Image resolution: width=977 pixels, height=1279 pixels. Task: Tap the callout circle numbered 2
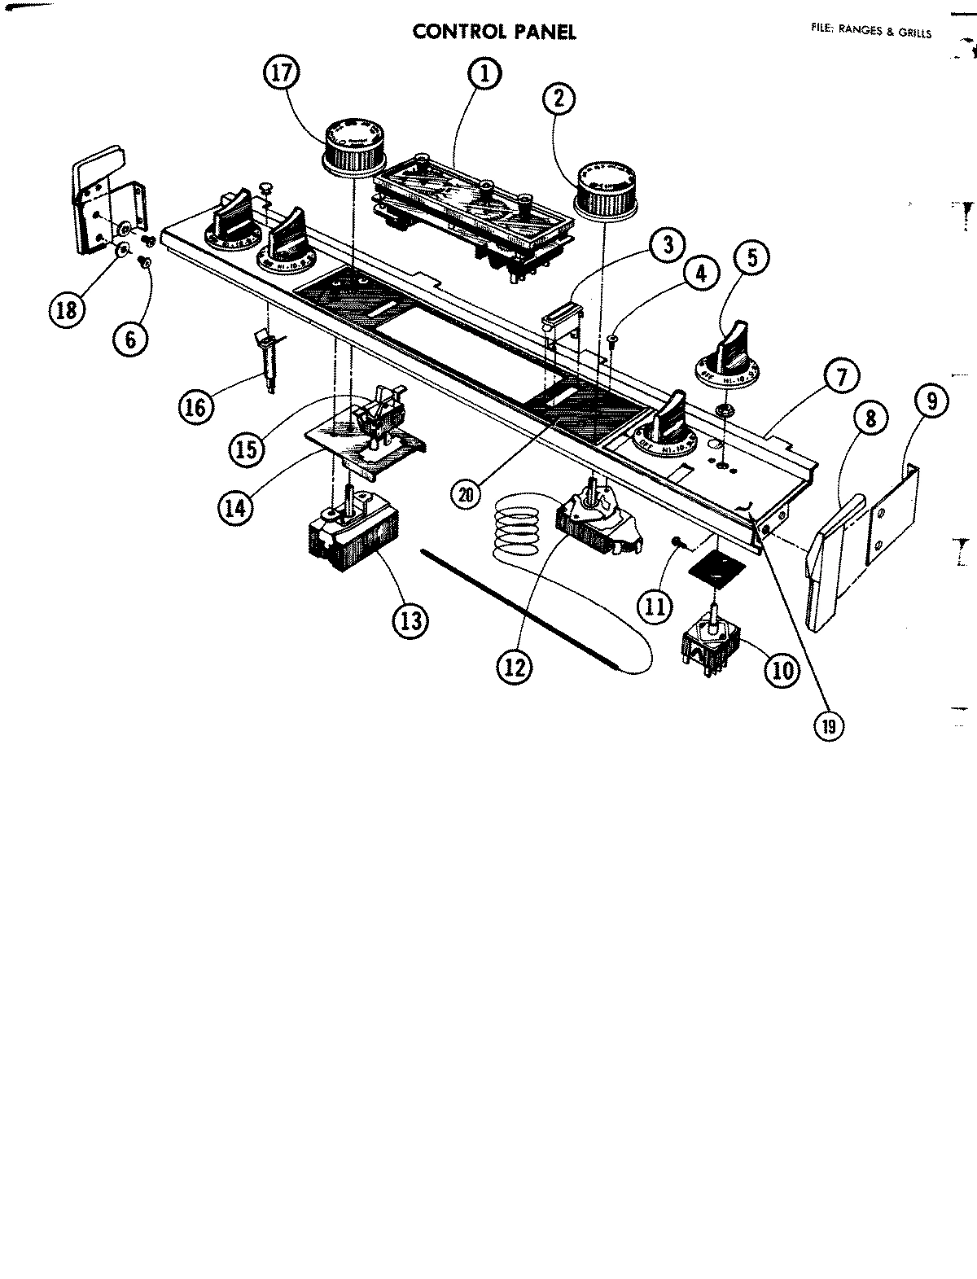point(558,99)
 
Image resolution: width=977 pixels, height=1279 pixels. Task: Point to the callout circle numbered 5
point(751,258)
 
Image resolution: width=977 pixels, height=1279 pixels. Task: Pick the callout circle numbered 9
point(931,401)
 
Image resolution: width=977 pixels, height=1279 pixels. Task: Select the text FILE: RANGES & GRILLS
point(870,33)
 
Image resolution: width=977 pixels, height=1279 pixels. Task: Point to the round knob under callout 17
point(353,147)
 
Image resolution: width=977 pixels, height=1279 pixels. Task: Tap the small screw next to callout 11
point(677,564)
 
